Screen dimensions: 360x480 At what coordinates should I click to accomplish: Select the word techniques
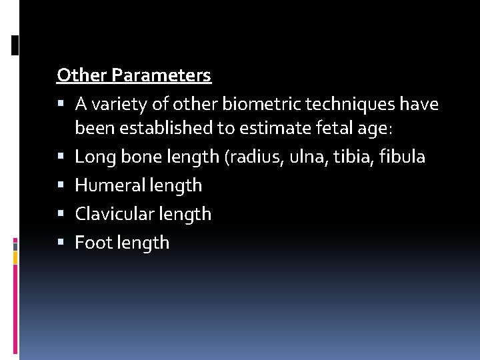(x=352, y=105)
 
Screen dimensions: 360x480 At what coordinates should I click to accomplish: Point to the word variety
(x=117, y=105)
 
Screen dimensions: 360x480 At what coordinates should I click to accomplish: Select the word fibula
(x=400, y=157)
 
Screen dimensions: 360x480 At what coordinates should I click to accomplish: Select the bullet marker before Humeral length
(x=61, y=185)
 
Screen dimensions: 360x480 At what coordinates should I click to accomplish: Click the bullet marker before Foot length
(x=61, y=243)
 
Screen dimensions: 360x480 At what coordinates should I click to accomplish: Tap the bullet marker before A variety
(x=61, y=105)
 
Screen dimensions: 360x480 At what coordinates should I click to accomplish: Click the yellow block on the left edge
(x=15, y=257)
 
